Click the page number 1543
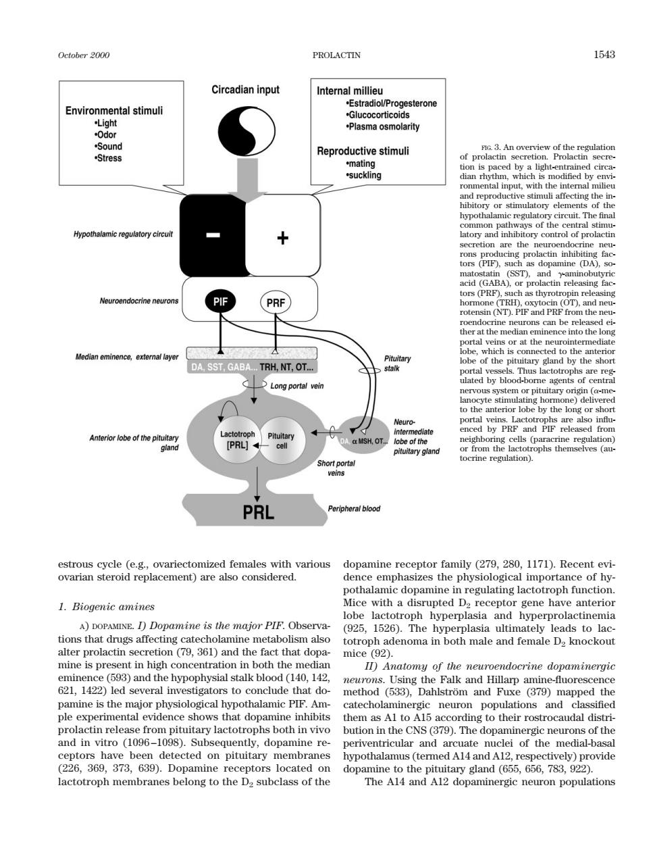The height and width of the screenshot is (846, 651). point(604,55)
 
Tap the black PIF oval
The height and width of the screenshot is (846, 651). point(221,301)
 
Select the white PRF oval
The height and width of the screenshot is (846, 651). point(276,303)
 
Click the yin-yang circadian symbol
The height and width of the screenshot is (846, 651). point(246,129)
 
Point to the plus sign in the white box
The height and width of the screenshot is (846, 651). point(283,238)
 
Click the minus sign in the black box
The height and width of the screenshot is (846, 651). point(213,234)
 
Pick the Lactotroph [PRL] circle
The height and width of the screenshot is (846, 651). point(238,440)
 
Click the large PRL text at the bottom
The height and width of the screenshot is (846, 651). point(259,512)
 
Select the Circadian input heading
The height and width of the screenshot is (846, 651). point(245,90)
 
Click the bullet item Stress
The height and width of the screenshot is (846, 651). point(108,158)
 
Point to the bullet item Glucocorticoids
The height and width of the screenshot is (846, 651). point(377,115)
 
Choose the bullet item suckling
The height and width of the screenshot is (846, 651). point(363,175)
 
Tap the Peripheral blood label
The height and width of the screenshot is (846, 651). point(354,508)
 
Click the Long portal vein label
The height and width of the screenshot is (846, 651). point(297,386)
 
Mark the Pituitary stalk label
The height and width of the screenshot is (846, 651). point(397,364)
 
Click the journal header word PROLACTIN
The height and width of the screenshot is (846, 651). point(336,55)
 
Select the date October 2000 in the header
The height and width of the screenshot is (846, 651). point(84,55)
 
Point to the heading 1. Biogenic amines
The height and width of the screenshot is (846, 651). point(106,607)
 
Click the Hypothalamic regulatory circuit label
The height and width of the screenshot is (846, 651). point(124,234)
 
